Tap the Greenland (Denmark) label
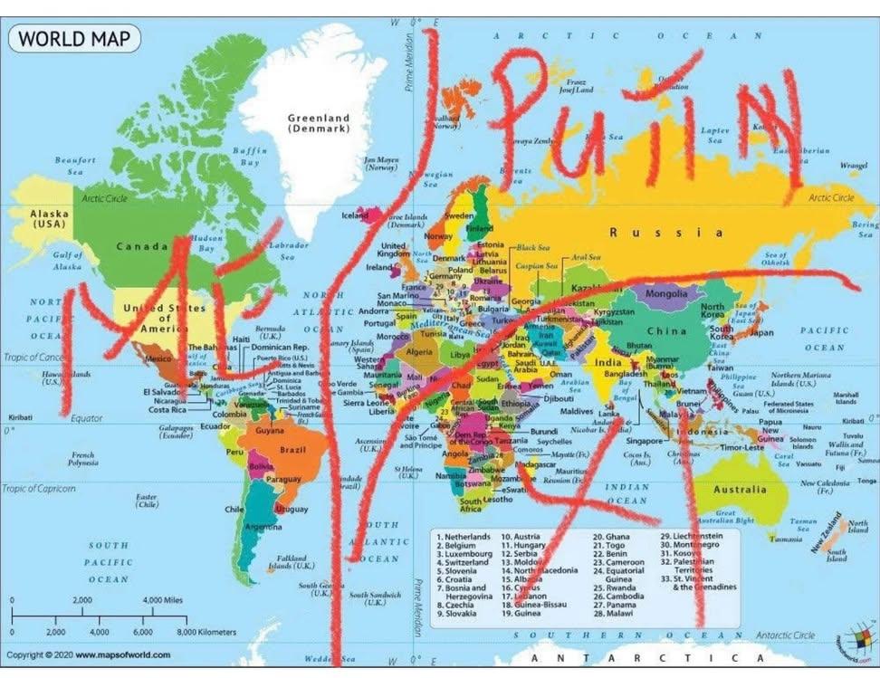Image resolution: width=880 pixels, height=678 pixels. click(319, 123)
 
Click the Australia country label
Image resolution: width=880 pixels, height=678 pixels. click(740, 490)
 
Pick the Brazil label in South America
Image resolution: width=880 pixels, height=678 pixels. click(292, 449)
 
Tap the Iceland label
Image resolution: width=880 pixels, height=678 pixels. click(355, 216)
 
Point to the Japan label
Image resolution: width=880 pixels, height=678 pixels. click(760, 332)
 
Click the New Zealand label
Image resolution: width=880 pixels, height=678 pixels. click(829, 536)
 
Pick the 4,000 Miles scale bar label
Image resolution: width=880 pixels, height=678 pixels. click(163, 600)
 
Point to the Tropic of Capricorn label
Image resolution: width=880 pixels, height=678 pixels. click(38, 489)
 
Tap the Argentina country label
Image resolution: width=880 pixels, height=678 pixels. click(263, 527)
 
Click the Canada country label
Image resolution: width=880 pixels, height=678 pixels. click(142, 245)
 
